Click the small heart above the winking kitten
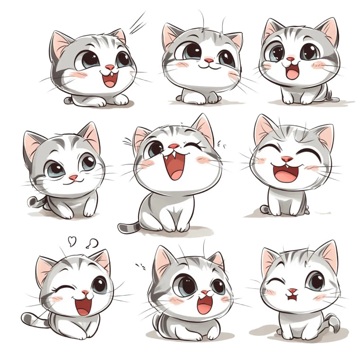(72, 241)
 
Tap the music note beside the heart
(92, 243)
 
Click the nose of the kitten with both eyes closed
(287, 159)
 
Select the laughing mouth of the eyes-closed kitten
(287, 173)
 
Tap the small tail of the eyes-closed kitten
(264, 209)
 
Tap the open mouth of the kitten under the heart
(84, 305)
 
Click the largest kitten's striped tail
(129, 227)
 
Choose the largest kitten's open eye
(155, 149)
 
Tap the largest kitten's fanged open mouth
(174, 165)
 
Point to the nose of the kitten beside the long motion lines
(109, 67)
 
